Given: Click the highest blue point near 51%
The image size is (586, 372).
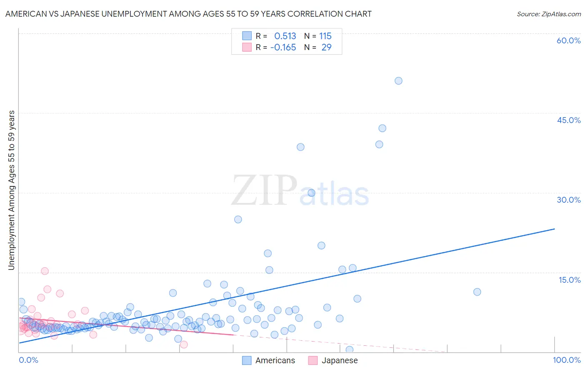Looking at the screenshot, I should [x=398, y=81].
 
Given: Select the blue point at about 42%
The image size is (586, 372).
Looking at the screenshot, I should [x=382, y=128].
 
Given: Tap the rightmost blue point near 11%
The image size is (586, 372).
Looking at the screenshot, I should [x=477, y=292].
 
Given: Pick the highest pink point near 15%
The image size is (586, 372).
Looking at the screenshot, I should [x=45, y=271].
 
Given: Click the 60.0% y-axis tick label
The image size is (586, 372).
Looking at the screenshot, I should [x=568, y=40].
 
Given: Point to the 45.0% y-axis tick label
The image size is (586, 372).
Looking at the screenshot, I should [x=568, y=120].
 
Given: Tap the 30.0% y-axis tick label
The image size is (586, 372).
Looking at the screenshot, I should [x=568, y=200].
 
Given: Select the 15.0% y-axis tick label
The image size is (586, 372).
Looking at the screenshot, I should [x=569, y=280].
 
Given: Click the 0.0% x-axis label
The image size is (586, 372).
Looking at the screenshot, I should [x=28, y=360].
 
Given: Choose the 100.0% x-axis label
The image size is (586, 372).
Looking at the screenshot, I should [x=566, y=360].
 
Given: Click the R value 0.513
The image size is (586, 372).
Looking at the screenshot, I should [x=285, y=36].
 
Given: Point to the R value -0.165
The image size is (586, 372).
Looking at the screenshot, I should [x=283, y=48].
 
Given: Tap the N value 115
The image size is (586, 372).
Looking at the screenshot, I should [x=326, y=36].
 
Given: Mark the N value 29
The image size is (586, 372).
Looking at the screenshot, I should [x=326, y=48].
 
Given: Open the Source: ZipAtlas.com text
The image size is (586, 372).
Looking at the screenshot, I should [x=548, y=14].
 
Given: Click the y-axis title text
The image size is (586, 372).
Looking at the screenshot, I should [x=11, y=190].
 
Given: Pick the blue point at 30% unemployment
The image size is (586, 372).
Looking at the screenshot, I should [x=311, y=193].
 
